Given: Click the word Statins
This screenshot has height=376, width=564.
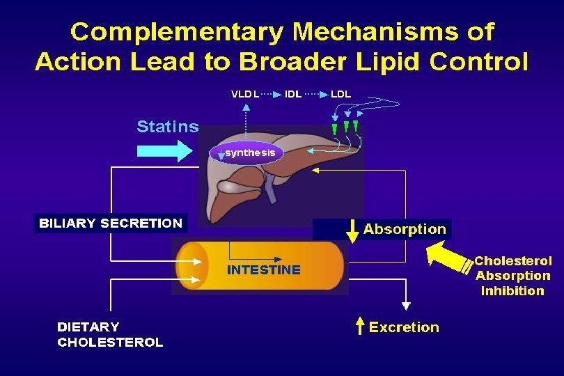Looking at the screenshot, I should tap(167, 127).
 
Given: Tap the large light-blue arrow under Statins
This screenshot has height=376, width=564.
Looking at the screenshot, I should tap(164, 150).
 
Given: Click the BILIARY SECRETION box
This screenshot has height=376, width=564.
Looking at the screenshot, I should tap(110, 224).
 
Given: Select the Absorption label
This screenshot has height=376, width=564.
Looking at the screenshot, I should tap(405, 229).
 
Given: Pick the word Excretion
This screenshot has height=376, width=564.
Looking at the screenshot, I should tap(404, 327).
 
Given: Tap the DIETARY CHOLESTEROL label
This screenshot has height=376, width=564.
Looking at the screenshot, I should tap(110, 334).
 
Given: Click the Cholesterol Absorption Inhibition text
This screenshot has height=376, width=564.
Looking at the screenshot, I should tap(512, 276).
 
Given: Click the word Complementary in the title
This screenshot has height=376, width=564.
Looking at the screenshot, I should tap(177, 32).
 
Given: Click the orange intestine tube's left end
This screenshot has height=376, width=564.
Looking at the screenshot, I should tap(187, 265).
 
